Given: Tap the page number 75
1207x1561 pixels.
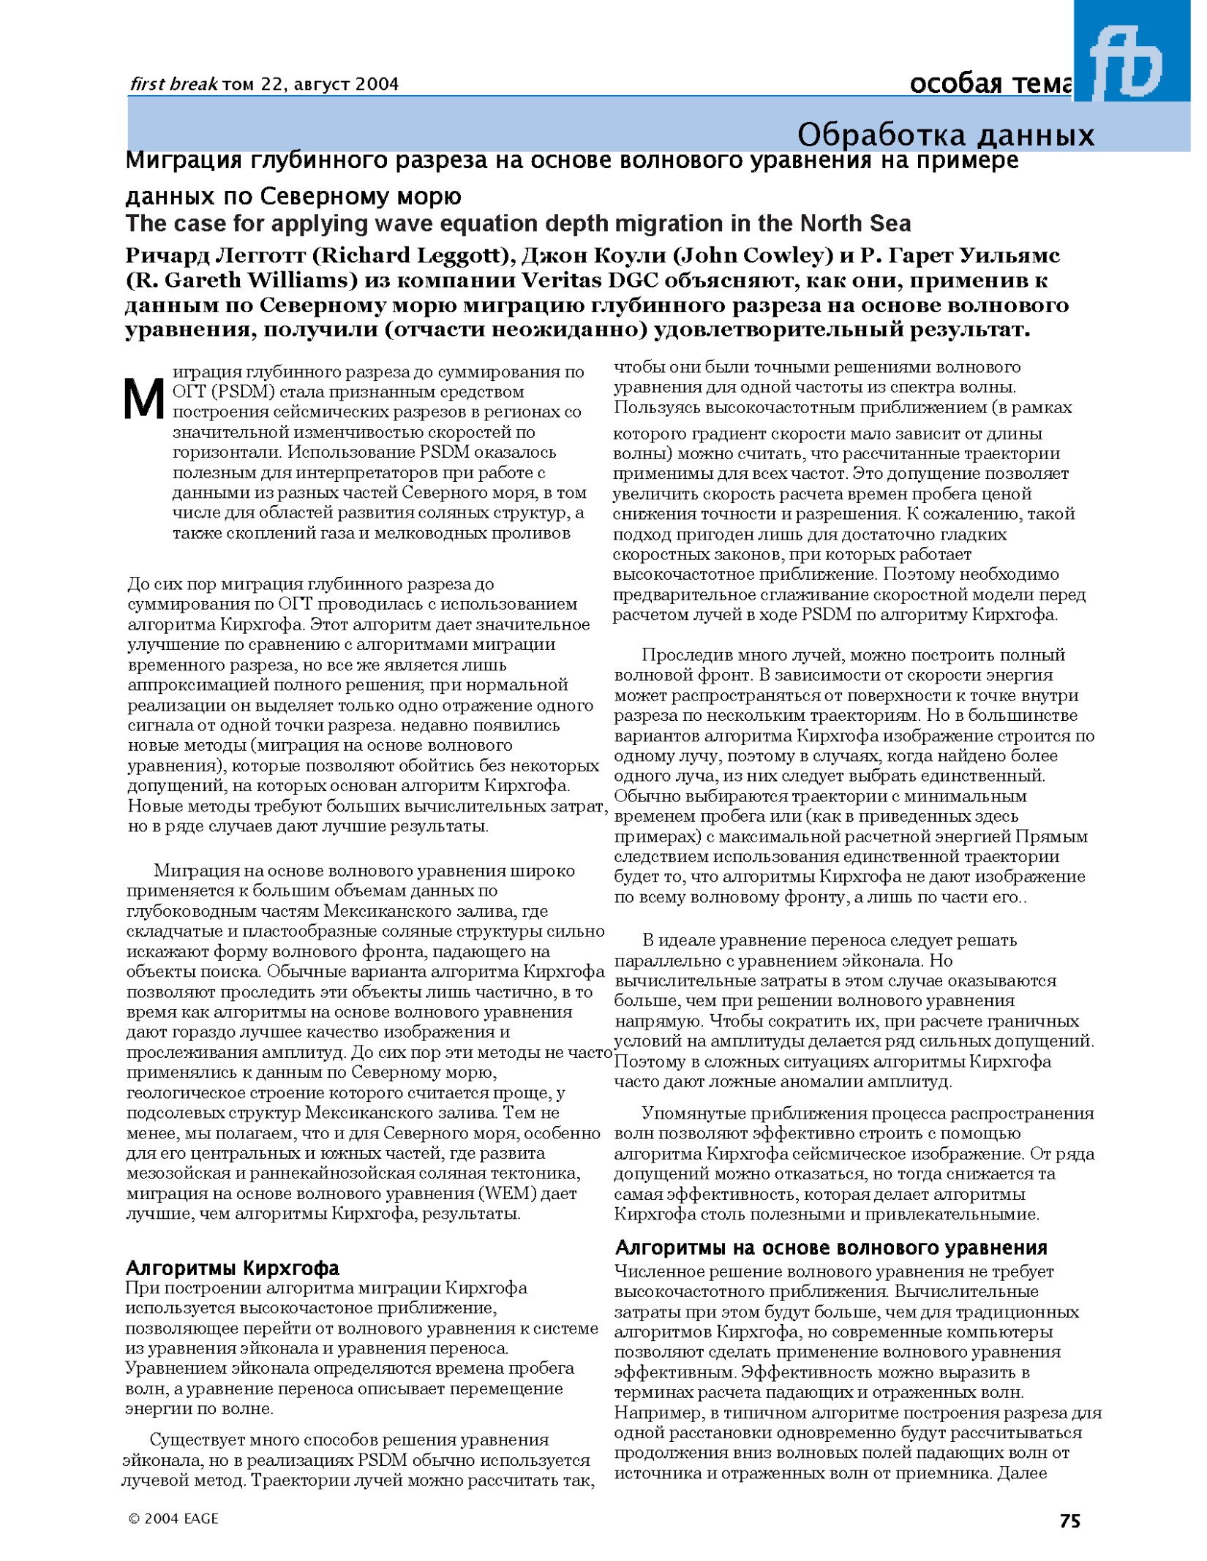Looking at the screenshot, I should pos(1069,1521).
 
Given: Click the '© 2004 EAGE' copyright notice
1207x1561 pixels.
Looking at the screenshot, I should pos(173,1519).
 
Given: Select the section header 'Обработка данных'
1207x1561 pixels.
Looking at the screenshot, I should pos(945,135).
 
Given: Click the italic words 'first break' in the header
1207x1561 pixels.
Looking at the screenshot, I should pos(173,85).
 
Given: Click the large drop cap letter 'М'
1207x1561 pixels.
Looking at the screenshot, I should pos(144,399).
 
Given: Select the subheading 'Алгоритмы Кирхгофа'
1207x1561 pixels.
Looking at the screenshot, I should pos(233,1267).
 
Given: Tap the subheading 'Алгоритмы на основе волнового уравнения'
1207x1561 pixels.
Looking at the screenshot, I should pos(831,1247).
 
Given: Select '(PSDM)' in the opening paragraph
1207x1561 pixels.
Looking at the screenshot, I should pos(242,392).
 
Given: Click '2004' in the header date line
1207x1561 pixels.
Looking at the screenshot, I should pos(376,85).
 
